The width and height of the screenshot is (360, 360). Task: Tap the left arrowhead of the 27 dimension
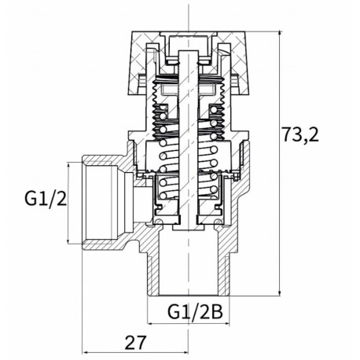tap(82, 329)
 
